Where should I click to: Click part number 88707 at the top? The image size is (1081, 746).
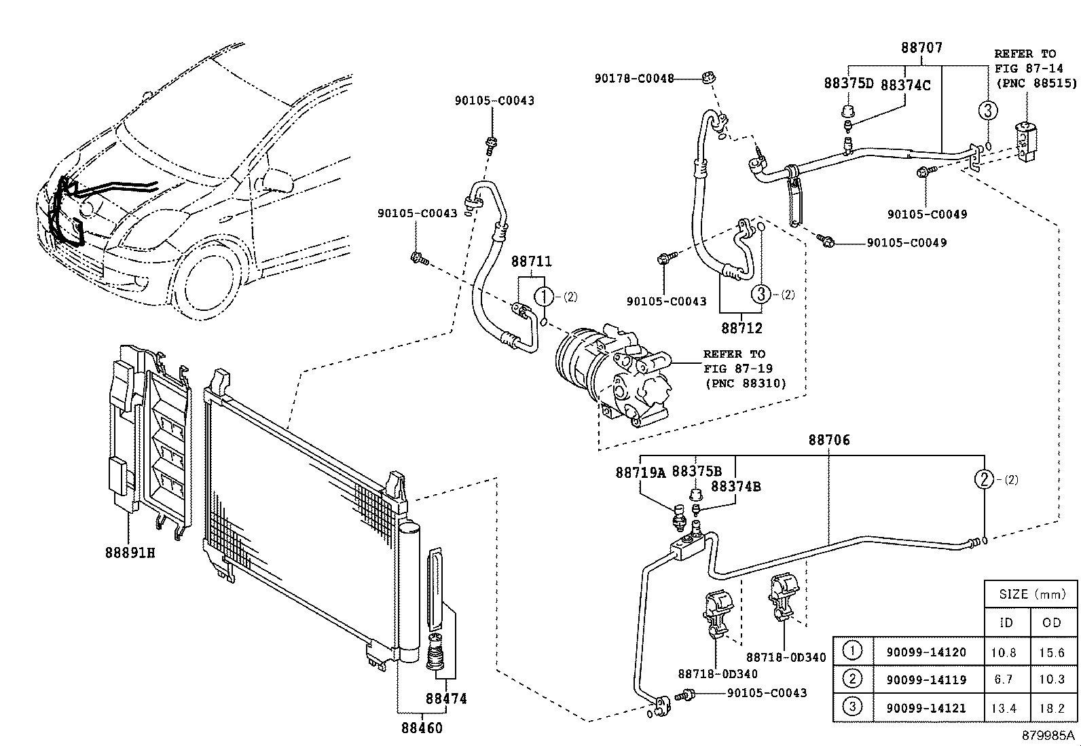tap(921, 48)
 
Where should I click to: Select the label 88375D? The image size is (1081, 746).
tap(848, 83)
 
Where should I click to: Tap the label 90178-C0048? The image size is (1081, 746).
tap(634, 79)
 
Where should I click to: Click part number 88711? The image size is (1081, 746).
tap(531, 262)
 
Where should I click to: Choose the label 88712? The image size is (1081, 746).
tap(741, 329)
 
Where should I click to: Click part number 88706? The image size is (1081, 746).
tap(828, 441)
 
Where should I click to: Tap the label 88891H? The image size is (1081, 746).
tap(129, 553)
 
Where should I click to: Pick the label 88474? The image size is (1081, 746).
tap(446, 698)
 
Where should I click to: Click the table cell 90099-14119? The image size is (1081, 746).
tap(925, 679)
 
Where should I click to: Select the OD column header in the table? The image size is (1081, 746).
tap(1052, 622)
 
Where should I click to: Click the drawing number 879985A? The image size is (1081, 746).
tap(1050, 735)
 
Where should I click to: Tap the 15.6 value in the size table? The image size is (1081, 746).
tap(1052, 652)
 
